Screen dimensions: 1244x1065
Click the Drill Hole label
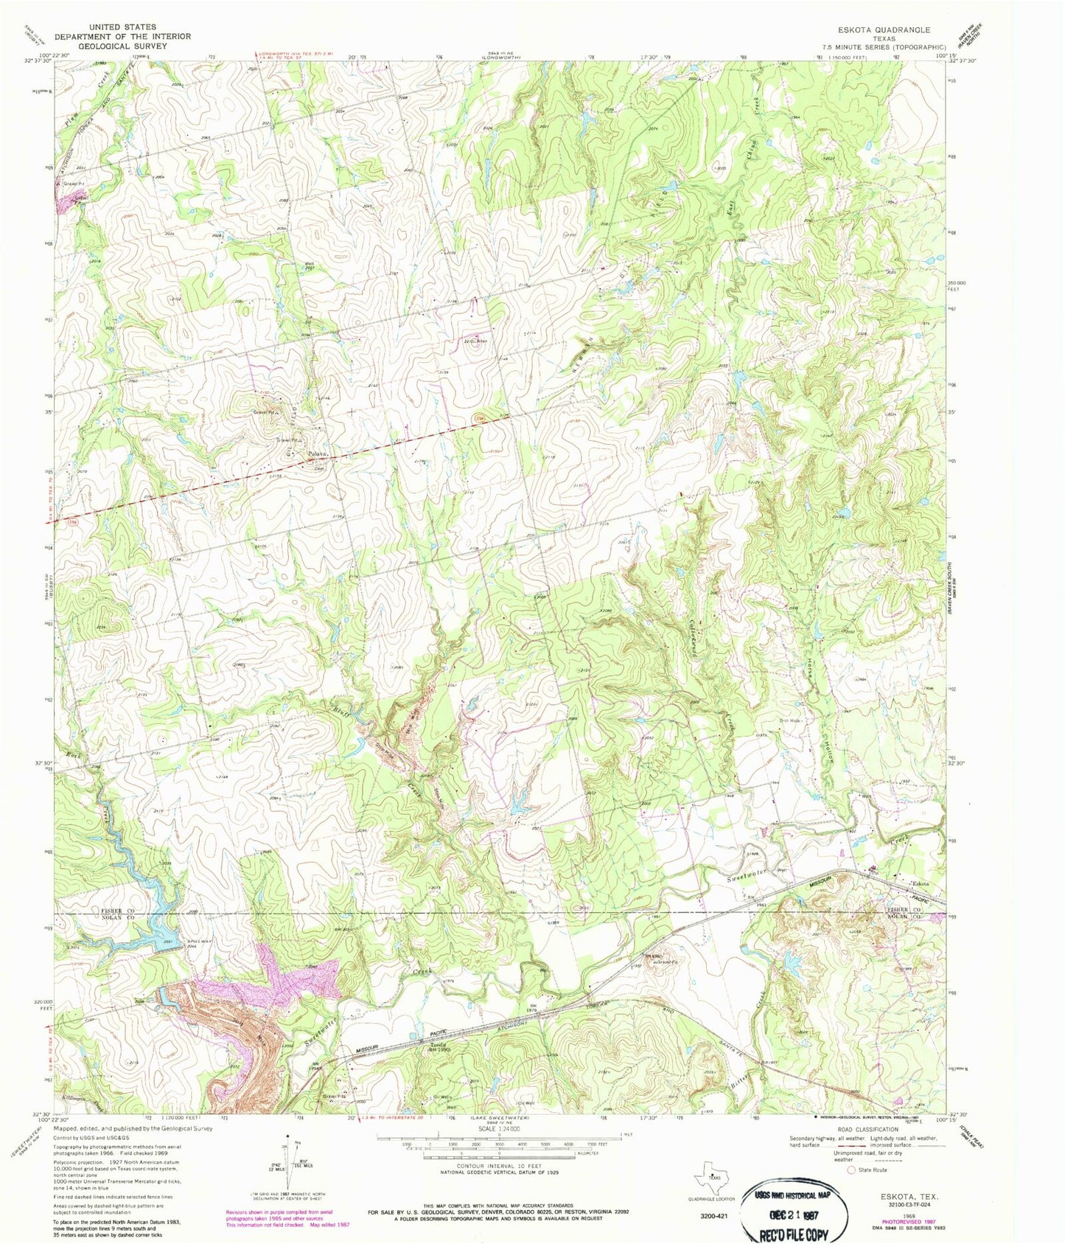click(x=790, y=720)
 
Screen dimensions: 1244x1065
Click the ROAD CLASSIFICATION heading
click(x=867, y=1129)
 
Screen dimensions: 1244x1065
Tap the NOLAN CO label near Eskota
click(x=902, y=916)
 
